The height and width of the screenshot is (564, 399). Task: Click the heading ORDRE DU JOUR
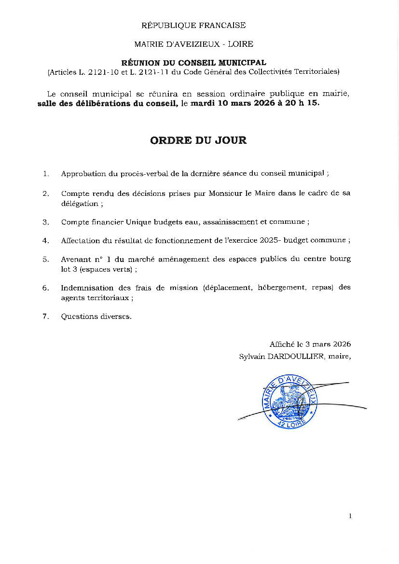coord(198,140)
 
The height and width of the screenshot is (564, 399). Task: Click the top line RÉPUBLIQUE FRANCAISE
coord(193,25)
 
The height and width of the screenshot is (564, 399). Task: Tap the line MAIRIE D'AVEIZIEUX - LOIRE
coord(193,44)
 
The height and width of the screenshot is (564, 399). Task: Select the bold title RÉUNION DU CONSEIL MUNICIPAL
coord(193,63)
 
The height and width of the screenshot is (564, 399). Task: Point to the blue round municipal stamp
coord(290,400)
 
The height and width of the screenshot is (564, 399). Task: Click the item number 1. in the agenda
coord(46,174)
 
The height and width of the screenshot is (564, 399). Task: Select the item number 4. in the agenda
coord(46,240)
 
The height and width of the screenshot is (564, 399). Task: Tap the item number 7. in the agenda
coord(46,316)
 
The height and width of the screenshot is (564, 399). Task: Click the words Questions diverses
coord(96,316)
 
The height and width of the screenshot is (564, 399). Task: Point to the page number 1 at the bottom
coord(350,516)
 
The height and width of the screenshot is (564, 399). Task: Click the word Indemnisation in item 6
coord(87,288)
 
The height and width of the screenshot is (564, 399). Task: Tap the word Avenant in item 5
coord(75,259)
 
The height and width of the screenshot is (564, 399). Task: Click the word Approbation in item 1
coord(82,174)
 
